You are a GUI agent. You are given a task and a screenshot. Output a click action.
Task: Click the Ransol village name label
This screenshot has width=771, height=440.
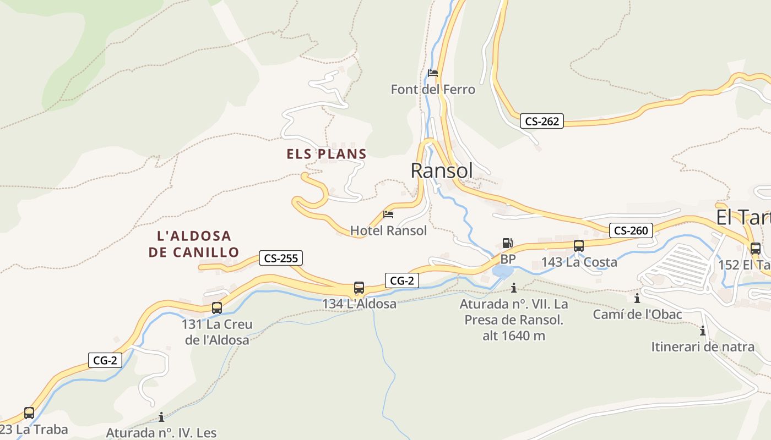click(441, 171)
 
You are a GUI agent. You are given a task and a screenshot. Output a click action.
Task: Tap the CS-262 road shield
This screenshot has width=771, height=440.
click(542, 122)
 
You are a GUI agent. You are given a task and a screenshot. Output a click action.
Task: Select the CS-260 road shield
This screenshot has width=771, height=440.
click(631, 230)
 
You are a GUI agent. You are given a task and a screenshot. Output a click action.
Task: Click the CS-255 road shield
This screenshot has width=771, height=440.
click(281, 258)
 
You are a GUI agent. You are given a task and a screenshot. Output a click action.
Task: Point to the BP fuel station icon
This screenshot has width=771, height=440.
click(507, 243)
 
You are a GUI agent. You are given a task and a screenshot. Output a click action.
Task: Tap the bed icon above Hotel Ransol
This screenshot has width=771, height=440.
click(388, 215)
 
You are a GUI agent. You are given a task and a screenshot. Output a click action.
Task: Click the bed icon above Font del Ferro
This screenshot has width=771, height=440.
click(433, 73)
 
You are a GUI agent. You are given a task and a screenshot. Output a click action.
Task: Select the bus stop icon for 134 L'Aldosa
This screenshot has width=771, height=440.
click(359, 287)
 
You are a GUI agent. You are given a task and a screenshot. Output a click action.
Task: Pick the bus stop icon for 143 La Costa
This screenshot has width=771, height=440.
click(579, 246)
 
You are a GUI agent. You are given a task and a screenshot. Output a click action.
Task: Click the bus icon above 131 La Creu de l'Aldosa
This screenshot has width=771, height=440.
click(217, 308)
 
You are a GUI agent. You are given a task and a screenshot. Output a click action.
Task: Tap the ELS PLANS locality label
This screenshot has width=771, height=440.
click(326, 154)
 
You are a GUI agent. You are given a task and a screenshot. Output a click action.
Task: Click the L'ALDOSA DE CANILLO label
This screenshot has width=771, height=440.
click(194, 244)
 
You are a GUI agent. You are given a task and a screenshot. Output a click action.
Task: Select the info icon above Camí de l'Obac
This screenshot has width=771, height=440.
click(637, 299)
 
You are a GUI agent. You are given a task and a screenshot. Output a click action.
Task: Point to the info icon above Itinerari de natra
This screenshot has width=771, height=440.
click(703, 331)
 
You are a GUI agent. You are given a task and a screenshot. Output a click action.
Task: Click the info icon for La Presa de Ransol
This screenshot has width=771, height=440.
click(514, 288)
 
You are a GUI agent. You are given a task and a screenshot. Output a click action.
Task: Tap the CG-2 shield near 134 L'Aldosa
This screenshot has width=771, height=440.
click(401, 280)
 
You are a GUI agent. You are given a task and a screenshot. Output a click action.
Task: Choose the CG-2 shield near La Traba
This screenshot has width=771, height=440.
click(105, 361)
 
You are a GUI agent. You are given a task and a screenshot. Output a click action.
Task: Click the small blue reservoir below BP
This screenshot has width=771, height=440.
click(503, 272)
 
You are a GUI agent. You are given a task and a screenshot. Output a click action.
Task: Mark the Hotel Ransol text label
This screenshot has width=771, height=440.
click(388, 230)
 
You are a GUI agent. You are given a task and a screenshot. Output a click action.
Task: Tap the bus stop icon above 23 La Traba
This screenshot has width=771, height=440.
click(29, 413)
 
